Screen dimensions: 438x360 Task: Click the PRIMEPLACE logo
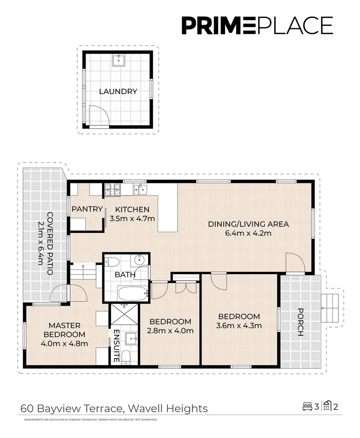[x=257, y=25]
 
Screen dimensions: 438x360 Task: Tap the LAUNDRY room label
[x=118, y=92]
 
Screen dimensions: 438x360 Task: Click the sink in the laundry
[x=118, y=60]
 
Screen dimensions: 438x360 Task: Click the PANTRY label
[x=87, y=209]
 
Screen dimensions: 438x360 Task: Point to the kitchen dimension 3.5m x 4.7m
[x=132, y=218]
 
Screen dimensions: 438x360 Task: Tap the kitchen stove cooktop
[x=111, y=189]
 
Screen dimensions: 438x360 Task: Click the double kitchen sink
[x=140, y=189]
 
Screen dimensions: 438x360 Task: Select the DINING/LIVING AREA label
[x=248, y=224]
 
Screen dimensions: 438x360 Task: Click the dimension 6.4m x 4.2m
[x=248, y=233]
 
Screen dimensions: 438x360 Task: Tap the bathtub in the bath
[x=133, y=293]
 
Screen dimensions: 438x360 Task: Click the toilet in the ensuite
[x=126, y=357]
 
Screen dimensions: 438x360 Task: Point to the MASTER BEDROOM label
[x=64, y=330]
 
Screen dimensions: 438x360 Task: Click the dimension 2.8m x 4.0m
[x=170, y=331]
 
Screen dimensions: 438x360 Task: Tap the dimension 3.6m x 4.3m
[x=239, y=325]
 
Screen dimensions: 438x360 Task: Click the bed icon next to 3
[x=307, y=406]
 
